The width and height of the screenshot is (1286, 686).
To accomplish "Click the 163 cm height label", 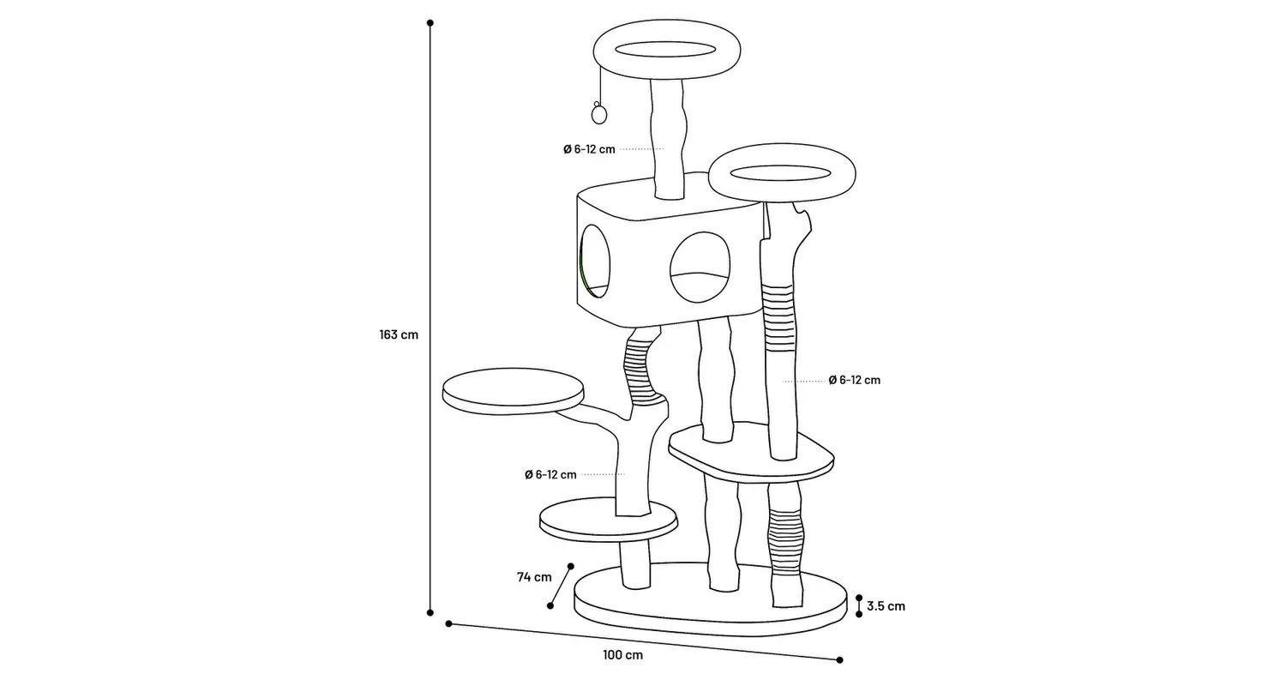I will [x=399, y=334].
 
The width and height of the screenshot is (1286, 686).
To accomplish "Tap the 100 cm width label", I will [x=622, y=655].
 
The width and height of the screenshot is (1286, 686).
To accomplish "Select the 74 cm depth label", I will [x=534, y=577].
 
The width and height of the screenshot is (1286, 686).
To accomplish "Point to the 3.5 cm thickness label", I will [x=886, y=606].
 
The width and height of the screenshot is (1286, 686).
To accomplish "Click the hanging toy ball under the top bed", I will [x=598, y=114].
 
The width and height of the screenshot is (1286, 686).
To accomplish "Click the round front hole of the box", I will [x=698, y=268].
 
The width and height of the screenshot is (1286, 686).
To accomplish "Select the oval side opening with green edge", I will [x=595, y=262].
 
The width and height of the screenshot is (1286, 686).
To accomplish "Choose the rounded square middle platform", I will [x=751, y=454].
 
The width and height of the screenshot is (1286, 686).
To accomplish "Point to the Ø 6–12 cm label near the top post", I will [x=589, y=149].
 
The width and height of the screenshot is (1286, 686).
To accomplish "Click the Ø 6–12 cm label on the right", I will [x=854, y=380].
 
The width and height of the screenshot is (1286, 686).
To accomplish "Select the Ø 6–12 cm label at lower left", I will [x=550, y=474].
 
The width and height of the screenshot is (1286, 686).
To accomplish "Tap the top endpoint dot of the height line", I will [x=430, y=24].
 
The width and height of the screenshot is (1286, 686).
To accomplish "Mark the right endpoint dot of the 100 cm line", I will [x=839, y=659].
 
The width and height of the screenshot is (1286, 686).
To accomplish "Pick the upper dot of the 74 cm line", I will [x=571, y=566].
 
